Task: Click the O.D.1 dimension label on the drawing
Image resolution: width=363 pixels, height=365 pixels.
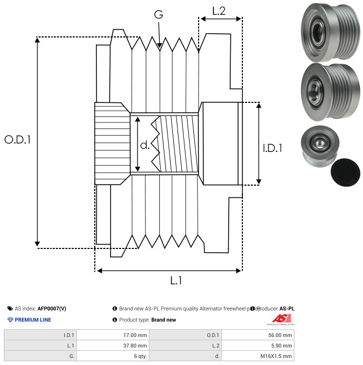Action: pos(18,140)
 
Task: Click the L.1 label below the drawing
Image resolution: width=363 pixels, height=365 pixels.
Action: pos(176,281)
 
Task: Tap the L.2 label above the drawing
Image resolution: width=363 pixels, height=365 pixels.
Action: pos(219,11)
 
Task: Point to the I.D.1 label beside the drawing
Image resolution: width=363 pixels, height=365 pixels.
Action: pos(272,149)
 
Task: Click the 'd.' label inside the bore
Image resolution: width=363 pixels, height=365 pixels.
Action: pos(145,145)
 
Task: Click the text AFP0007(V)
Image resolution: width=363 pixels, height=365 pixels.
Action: pos(52,309)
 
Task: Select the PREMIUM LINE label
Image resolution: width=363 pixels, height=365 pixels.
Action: pos(33,320)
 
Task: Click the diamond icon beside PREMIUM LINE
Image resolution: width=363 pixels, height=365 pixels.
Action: pos(10,320)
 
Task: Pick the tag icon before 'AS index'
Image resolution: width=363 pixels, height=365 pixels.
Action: pos(10,309)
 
